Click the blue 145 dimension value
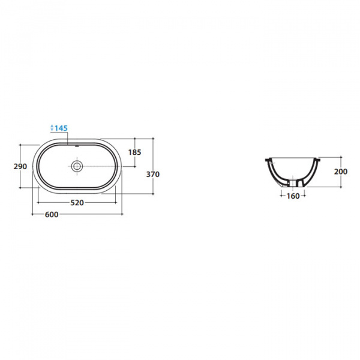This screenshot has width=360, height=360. (61, 128)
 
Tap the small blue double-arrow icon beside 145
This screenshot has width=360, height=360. (52, 128)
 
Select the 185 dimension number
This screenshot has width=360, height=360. (134, 152)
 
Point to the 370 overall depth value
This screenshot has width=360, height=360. (153, 175)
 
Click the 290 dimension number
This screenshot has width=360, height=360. (20, 166)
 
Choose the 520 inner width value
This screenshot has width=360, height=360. (77, 203)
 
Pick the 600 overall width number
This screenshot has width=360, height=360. (52, 214)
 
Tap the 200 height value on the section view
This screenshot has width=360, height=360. (341, 172)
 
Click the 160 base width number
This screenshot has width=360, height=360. (293, 196)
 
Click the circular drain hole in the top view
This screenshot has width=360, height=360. (77, 166)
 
